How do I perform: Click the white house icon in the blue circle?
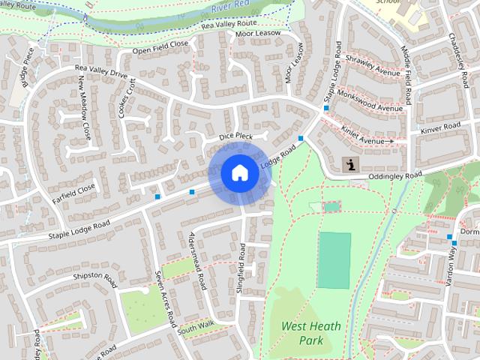pos(239,173)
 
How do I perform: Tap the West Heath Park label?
pos(311,334)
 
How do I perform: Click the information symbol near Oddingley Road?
pos(349,163)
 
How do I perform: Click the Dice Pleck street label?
pos(235,136)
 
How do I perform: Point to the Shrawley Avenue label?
pos(373,67)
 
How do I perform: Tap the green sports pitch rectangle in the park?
pos(334,260)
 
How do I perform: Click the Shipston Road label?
pos(95,280)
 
